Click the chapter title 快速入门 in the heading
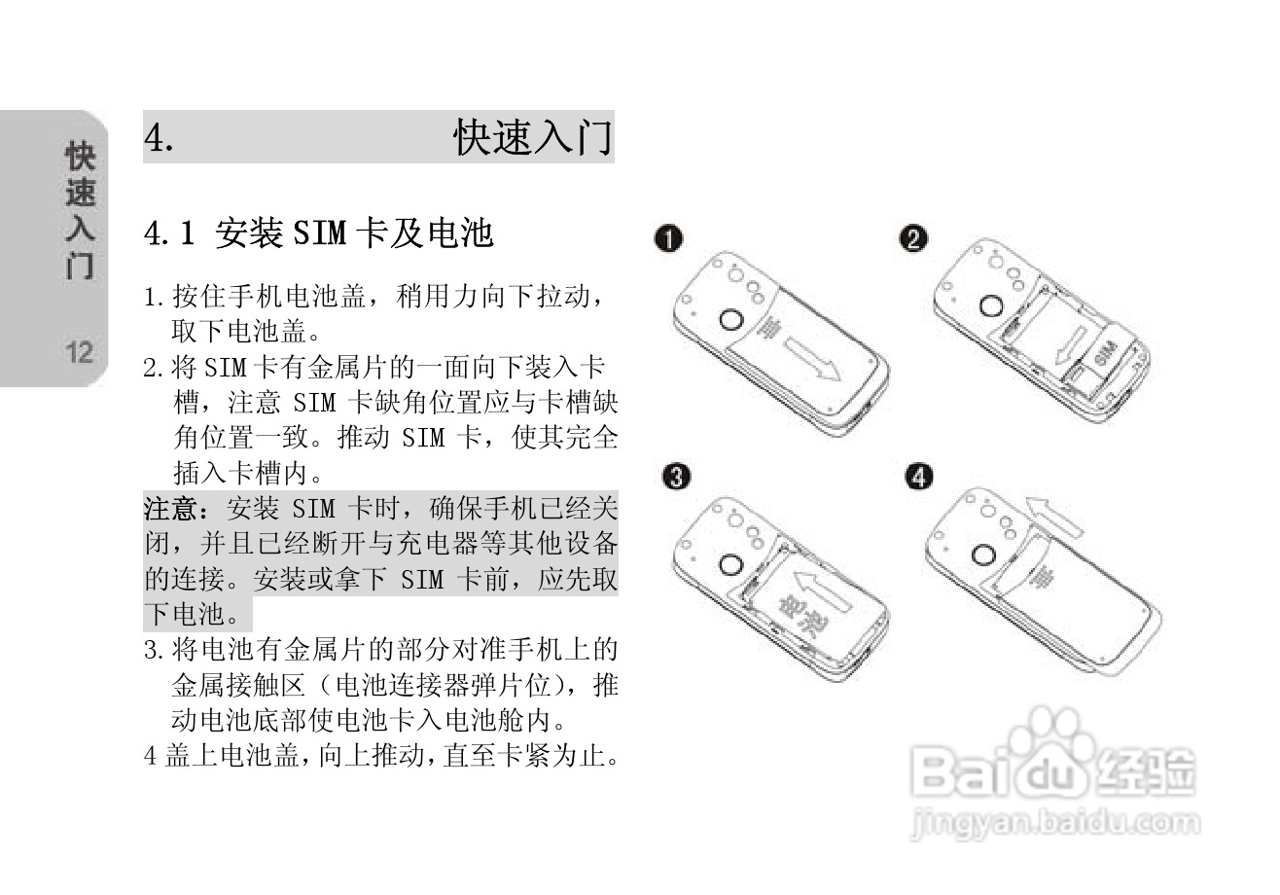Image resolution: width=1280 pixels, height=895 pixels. pyautogui.click(x=533, y=138)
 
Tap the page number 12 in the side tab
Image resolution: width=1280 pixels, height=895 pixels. pyautogui.click(x=80, y=351)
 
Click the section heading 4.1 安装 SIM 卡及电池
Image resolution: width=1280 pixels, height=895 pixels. pyautogui.click(x=318, y=233)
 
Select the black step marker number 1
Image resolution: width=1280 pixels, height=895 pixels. pyautogui.click(x=668, y=238)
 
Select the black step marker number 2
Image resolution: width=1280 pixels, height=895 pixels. pyautogui.click(x=913, y=238)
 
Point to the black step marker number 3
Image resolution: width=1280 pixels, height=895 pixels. pyautogui.click(x=676, y=476)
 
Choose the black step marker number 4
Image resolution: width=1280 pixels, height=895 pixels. pyautogui.click(x=919, y=476)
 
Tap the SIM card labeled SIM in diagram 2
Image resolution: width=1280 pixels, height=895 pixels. pyautogui.click(x=1108, y=356)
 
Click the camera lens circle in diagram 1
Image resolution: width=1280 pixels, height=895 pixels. pyautogui.click(x=729, y=320)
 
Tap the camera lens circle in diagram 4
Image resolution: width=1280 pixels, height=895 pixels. pyautogui.click(x=982, y=556)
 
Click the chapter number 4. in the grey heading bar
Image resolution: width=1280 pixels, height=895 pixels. pyautogui.click(x=160, y=138)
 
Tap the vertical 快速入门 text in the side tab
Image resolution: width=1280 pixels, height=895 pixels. pyautogui.click(x=80, y=211)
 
